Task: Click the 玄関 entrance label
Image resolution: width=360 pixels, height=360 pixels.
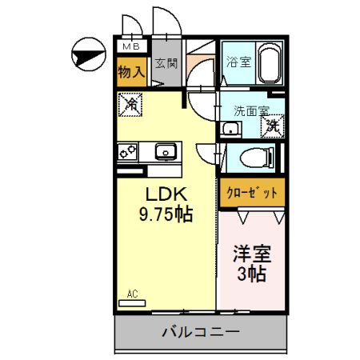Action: pos(166,63)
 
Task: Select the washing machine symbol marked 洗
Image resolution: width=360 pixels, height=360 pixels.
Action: pos(273,125)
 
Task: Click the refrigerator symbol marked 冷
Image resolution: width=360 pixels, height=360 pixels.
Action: pos(130,103)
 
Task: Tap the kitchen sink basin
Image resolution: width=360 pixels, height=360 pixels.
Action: pos(166,150)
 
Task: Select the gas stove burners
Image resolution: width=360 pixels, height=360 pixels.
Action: pos(128,150)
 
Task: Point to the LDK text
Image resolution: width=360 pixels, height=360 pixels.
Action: pos(166,194)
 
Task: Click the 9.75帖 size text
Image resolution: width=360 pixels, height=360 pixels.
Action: pos(166,214)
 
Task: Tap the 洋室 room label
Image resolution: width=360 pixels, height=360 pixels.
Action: pos(251,254)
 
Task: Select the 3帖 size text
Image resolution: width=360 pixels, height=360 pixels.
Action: pos(251,274)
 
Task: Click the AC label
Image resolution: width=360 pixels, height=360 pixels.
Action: pos(132,294)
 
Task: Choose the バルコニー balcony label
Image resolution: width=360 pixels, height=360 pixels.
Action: pos(200,330)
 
